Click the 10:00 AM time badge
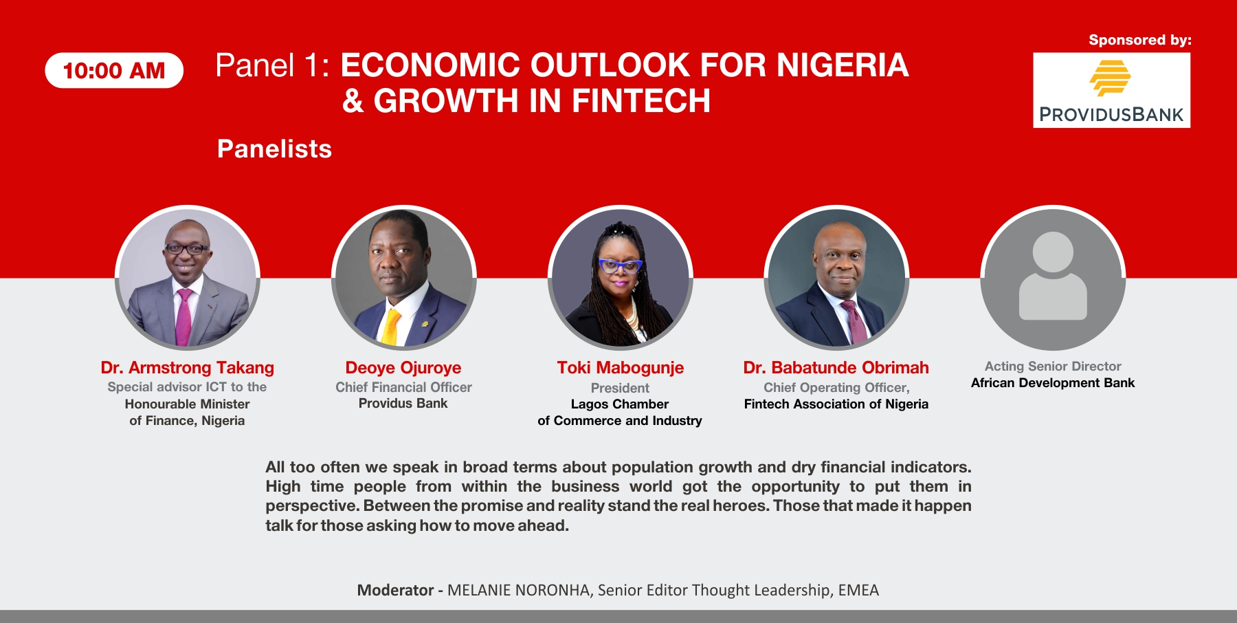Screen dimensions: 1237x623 point(114,70)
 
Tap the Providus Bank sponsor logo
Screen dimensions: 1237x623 point(1111,90)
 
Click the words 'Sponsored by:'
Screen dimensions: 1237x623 point(1140,40)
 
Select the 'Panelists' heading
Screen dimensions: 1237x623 point(274,149)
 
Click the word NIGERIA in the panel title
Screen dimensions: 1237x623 point(843,65)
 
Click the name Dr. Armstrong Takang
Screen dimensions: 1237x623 point(188,368)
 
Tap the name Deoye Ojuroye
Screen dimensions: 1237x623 point(403,368)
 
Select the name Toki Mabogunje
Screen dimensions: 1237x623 point(621,368)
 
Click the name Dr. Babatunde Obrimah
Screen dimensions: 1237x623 point(836,368)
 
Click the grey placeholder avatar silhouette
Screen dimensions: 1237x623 point(1053,276)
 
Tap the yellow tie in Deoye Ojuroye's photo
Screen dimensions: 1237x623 point(391,327)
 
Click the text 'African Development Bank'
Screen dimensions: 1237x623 point(1053,383)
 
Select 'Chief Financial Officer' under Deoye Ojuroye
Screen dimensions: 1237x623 point(403,387)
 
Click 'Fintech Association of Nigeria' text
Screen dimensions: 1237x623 point(836,404)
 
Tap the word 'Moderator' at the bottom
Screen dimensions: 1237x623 point(395,590)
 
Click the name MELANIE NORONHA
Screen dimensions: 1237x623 point(519,590)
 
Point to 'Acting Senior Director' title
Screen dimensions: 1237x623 point(1053,367)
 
